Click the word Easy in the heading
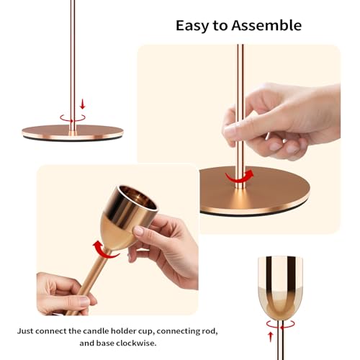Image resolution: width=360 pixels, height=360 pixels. point(192,26)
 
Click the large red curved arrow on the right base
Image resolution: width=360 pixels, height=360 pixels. point(239,176)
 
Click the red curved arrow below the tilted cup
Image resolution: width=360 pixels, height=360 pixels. point(106,250)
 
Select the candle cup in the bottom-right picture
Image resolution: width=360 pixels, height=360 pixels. point(279,284)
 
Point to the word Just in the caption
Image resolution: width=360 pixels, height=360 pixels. point(28,331)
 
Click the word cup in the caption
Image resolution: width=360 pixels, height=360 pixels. point(169,331)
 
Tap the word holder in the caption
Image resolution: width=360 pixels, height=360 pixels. point(144,331)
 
